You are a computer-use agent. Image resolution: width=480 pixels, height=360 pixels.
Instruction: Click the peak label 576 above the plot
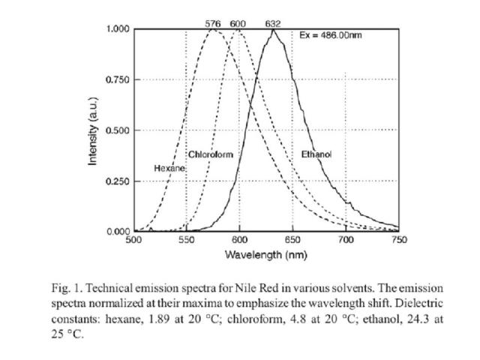[x=214, y=24]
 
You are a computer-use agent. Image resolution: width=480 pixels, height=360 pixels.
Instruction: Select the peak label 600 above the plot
[x=238, y=24]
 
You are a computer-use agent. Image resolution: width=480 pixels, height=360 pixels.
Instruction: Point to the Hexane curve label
[x=169, y=168]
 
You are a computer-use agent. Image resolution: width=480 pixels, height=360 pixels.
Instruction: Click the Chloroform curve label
[x=211, y=154]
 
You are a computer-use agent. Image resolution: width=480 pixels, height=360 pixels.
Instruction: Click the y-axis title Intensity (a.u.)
[x=94, y=131]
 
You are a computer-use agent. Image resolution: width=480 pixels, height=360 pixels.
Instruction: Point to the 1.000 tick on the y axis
[x=118, y=29]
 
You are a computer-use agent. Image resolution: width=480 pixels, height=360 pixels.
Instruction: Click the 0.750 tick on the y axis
[x=118, y=80]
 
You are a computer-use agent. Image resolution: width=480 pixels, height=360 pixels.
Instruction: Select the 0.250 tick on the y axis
[x=118, y=181]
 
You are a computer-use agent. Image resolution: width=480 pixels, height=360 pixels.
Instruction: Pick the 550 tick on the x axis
[x=187, y=241]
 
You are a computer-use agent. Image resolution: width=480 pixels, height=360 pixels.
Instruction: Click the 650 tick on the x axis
[x=293, y=241]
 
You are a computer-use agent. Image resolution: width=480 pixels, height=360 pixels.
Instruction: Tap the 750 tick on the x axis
[x=399, y=241]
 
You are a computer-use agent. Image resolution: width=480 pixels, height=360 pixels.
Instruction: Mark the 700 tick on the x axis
[x=346, y=241]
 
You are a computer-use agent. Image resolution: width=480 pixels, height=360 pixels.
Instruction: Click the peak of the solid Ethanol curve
[x=274, y=30]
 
